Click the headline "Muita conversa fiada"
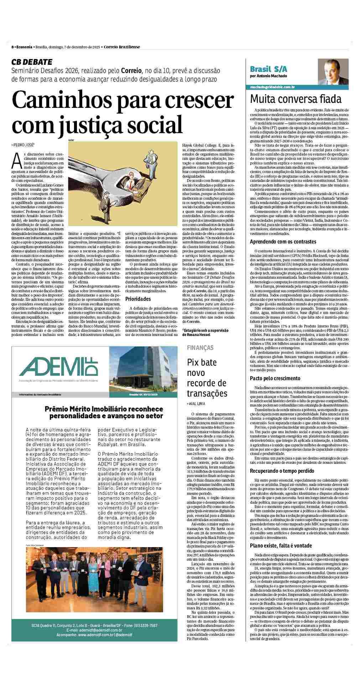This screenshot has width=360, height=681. point(296,99)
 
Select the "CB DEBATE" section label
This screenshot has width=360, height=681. point(32,62)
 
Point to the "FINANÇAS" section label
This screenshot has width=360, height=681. point(200,347)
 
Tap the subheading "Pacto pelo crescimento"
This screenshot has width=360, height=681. point(275,378)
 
